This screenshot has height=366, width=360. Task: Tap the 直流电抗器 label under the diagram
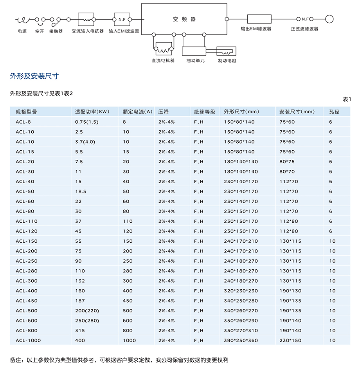(x=163, y=61)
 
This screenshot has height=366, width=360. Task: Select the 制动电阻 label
(x=227, y=61)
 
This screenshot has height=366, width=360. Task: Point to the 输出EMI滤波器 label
(x=256, y=29)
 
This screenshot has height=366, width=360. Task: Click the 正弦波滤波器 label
(x=305, y=29)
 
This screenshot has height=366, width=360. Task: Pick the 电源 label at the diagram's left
(x=22, y=31)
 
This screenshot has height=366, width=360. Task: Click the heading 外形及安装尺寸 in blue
(x=34, y=76)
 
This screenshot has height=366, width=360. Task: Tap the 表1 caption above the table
(x=347, y=99)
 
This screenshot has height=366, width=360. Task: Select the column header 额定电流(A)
(x=137, y=112)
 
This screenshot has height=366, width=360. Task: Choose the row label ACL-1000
(x=28, y=341)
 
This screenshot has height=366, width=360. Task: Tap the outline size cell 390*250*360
(x=241, y=341)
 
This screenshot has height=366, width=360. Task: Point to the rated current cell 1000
(x=129, y=341)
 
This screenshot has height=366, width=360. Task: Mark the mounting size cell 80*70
(x=287, y=171)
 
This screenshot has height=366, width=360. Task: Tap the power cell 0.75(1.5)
(x=86, y=122)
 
